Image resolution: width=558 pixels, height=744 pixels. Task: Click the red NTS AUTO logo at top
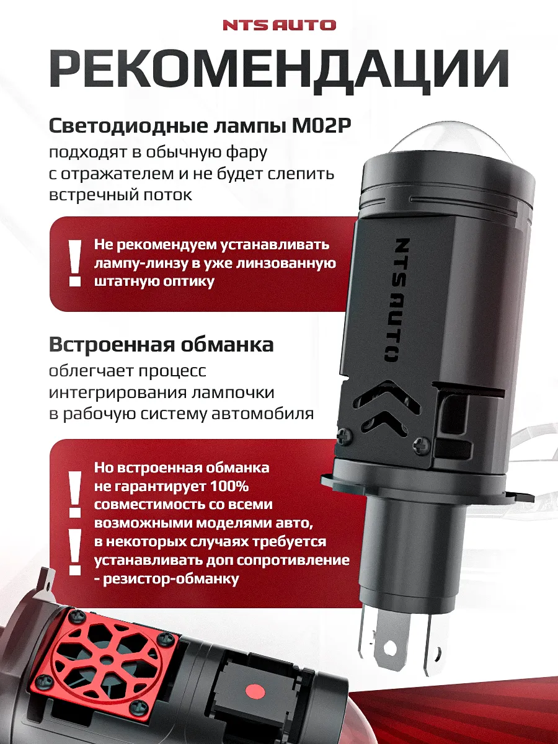[x=278, y=25]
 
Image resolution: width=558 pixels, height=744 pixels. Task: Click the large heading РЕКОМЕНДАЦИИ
[x=279, y=73]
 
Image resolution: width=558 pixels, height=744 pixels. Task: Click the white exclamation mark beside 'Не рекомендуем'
[x=75, y=263]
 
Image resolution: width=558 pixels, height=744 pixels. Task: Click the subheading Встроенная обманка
[x=161, y=344]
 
